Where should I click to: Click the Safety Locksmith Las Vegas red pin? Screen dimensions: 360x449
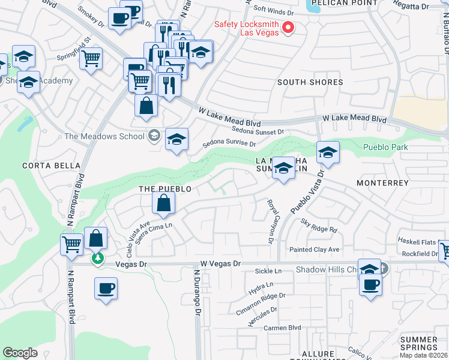point(288,27)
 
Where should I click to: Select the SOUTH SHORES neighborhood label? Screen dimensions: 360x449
point(310,82)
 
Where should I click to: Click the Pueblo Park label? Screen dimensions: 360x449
point(385,147)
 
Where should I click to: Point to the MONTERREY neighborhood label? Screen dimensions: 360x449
point(382,182)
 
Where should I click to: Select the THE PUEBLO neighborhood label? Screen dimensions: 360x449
point(165,189)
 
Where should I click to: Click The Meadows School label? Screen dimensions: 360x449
point(106,136)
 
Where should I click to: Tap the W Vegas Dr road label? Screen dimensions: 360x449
point(220,263)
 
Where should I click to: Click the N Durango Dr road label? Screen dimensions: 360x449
point(197,294)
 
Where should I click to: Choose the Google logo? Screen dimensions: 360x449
point(20,353)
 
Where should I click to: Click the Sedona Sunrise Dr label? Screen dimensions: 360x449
point(229,144)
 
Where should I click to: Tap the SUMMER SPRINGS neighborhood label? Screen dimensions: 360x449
point(418,343)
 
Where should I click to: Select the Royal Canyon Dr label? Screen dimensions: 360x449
point(270,221)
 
